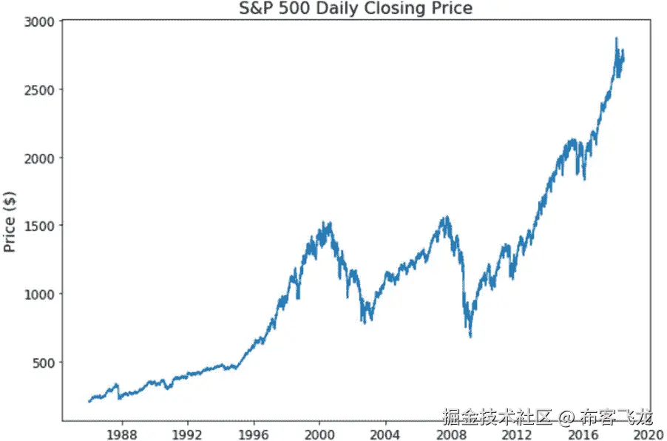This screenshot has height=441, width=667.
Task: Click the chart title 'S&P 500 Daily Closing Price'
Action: coord(356,8)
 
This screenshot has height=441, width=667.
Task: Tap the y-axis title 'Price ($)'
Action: coord(10,221)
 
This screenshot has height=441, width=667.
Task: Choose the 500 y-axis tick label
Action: coord(42,362)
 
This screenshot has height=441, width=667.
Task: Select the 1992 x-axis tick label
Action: coord(188,433)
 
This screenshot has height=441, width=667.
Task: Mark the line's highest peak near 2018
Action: coord(616,38)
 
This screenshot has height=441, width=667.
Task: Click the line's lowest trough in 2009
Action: coord(470,337)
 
